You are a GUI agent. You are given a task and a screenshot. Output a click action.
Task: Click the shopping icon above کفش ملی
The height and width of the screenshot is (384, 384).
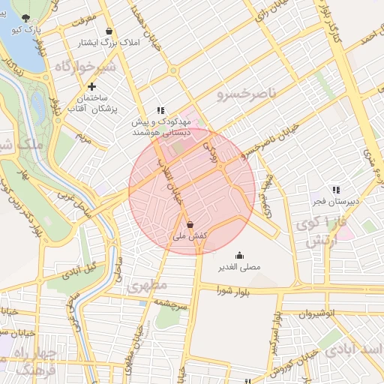click(190, 224)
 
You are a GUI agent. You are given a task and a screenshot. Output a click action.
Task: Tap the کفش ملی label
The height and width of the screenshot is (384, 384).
click(190, 236)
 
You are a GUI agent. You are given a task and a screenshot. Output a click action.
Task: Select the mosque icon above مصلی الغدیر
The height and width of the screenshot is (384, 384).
click(239, 255)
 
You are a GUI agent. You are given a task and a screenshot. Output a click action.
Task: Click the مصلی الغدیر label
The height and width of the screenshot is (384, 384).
click(239, 267)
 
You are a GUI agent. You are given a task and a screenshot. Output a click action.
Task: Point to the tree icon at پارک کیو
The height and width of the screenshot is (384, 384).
click(28, 17)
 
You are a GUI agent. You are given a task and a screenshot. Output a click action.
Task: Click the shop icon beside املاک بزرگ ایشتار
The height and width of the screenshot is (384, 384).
click(110, 31)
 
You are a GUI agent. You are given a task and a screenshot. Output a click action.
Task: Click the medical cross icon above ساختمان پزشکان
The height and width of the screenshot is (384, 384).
click(91, 86)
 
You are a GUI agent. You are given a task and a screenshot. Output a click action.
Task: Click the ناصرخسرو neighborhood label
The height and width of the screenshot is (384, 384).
click(247, 94)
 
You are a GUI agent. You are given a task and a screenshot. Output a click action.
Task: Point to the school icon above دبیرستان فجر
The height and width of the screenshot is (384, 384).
click(336, 190)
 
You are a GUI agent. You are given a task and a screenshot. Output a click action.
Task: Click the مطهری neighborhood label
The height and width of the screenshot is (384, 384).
click(144, 286)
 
